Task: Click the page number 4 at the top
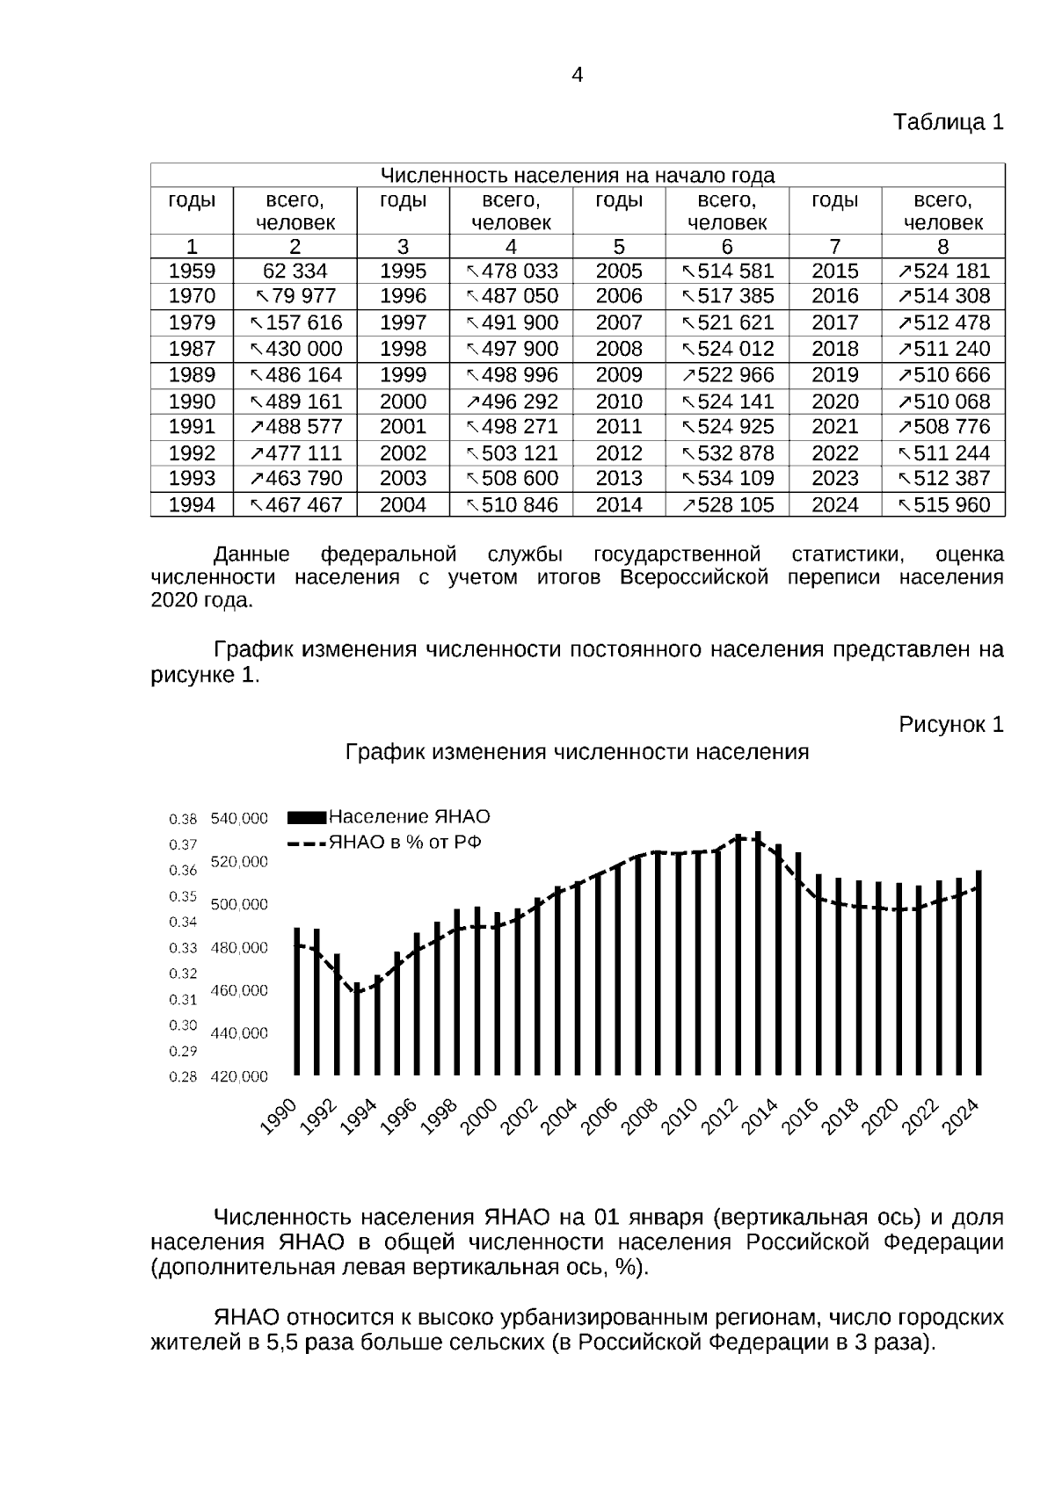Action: pos(577,76)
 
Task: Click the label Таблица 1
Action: pos(948,122)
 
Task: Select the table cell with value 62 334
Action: pos(295,271)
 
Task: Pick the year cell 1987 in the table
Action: pos(192,349)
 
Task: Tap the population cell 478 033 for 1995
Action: pos(512,271)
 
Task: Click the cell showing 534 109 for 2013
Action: pos(727,479)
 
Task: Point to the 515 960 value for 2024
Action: pos(943,505)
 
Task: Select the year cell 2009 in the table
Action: pos(619,375)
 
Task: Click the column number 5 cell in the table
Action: pos(619,247)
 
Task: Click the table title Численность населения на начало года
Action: pos(577,176)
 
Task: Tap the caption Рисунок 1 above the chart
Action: pos(950,725)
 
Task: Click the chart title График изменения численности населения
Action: pos(577,753)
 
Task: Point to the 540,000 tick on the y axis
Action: pos(239,819)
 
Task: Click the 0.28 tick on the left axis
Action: pos(183,1076)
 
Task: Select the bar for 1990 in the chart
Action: pos(296,1002)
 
